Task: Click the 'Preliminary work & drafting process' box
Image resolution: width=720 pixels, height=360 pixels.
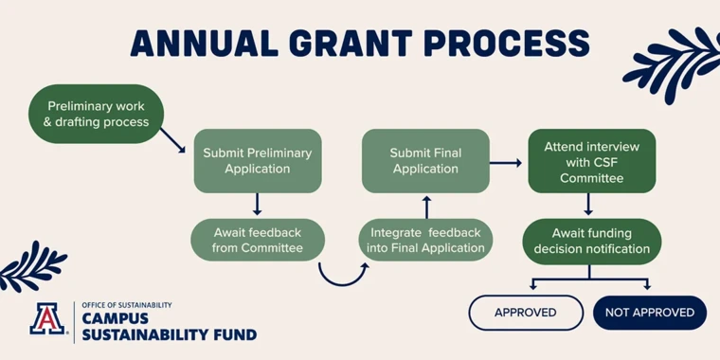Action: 97,114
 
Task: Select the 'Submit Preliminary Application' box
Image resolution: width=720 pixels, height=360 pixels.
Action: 257,160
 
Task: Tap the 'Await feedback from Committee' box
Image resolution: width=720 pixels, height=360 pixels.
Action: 257,240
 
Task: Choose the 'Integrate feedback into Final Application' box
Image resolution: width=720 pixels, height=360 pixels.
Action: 425,240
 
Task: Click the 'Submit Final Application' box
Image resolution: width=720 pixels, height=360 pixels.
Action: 425,160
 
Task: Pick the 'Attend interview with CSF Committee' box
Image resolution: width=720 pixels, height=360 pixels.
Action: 591,161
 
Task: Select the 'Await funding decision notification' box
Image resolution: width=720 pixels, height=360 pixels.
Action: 591,241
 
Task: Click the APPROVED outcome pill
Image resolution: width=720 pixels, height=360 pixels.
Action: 526,312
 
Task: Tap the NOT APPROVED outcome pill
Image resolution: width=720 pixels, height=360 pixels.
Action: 649,312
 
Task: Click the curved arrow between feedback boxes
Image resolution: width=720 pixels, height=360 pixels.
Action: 342,274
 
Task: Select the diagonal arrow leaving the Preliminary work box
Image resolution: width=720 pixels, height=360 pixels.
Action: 172,140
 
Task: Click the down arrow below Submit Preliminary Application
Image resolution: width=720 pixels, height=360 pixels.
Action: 257,205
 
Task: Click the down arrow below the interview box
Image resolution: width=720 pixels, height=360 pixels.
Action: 589,205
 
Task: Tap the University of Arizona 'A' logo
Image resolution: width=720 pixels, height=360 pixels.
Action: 47,319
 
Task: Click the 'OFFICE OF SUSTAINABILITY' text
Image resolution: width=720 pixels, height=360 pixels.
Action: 127,305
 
